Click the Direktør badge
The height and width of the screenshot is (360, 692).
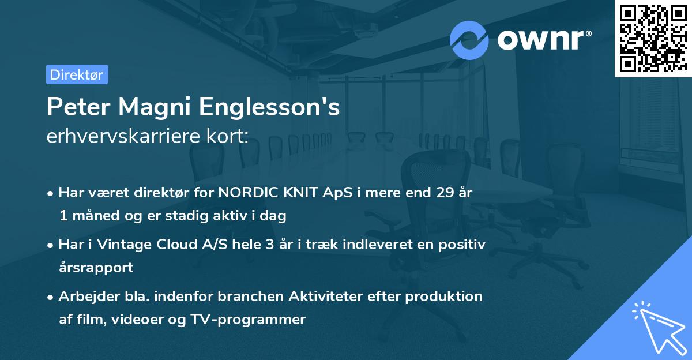point(77,74)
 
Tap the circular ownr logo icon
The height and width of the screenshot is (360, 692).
point(469,40)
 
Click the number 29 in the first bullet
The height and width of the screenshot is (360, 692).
point(445,193)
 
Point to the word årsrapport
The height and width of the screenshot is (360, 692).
point(96,267)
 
